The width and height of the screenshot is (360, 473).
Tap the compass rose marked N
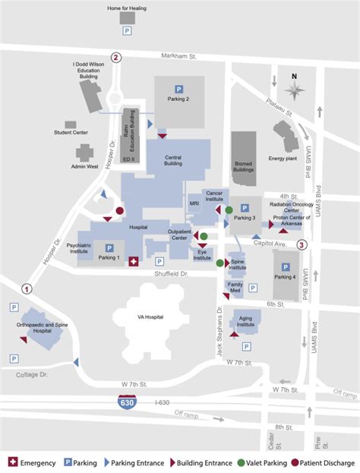pos(295,88)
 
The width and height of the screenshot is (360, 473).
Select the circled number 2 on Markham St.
pos(116,57)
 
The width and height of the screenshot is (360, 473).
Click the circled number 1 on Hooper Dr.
pos(27,289)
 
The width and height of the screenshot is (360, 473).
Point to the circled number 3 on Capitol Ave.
pos(302,244)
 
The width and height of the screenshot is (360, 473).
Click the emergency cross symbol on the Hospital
pos(134,261)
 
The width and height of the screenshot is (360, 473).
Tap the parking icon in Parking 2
pos(179,89)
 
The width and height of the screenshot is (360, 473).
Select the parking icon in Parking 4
pos(286,266)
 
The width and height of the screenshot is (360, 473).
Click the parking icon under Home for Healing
pos(127,31)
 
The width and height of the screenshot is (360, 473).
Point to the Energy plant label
pos(281,159)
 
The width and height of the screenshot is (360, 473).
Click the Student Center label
pos(70,132)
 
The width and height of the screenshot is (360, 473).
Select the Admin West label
pos(85,166)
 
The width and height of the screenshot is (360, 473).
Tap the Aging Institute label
pos(245,320)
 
